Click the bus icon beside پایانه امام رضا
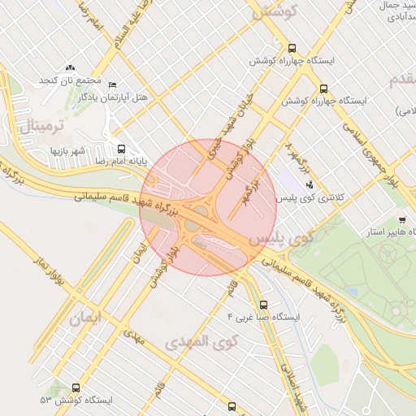[x=121, y=149]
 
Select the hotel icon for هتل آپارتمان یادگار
[x=112, y=85]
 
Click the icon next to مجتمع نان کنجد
[x=70, y=68]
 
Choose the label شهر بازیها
[x=68, y=151]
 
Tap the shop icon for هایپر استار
[x=401, y=219]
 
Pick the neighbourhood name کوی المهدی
[x=199, y=342]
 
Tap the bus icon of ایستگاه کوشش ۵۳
[x=76, y=388]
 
